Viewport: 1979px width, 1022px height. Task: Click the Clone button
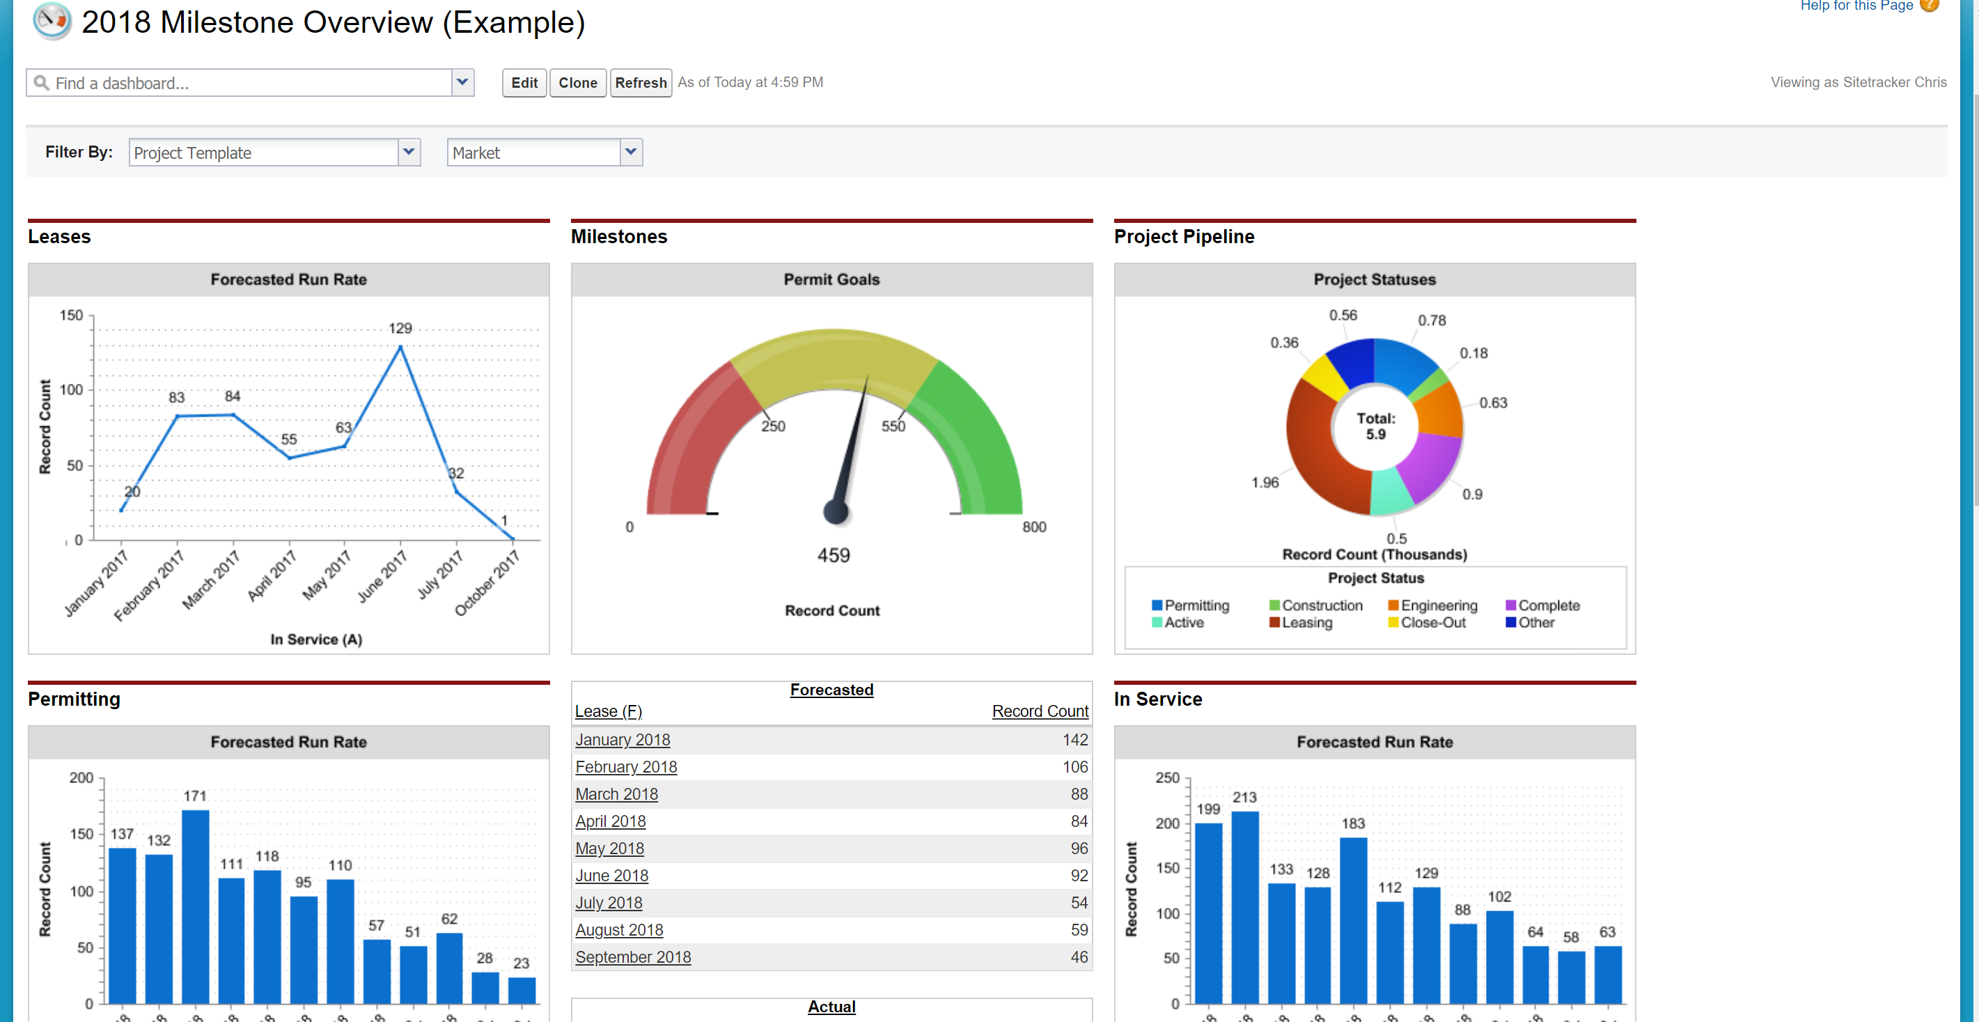(x=578, y=83)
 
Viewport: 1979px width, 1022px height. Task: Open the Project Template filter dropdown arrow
(x=409, y=152)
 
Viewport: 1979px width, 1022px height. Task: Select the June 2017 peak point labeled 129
(x=400, y=348)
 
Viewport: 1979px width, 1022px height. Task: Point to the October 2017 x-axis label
(x=487, y=584)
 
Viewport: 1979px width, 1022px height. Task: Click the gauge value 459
(x=834, y=555)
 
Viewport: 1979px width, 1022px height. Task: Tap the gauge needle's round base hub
(x=835, y=511)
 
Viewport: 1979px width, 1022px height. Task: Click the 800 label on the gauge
(x=1034, y=527)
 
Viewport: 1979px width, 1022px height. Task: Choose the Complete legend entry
(x=1549, y=605)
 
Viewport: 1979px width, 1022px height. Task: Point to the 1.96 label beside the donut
(x=1265, y=483)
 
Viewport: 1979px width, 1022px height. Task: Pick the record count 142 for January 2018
(x=1074, y=740)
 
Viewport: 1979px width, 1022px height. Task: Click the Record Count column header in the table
(x=1040, y=711)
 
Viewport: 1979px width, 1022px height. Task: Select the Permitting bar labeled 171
(x=195, y=907)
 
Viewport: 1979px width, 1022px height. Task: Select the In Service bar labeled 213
(x=1244, y=907)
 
